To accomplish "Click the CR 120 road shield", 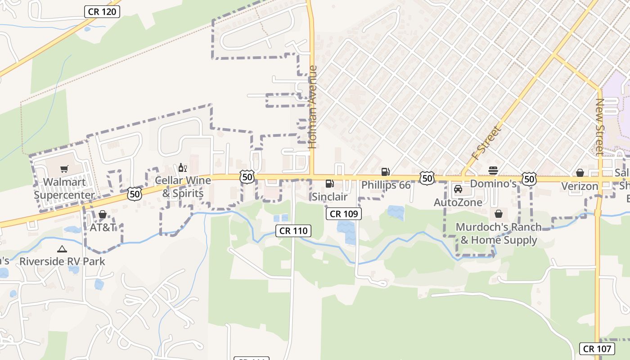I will click(x=102, y=12).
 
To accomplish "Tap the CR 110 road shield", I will click(x=293, y=231).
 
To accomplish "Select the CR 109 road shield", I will click(x=344, y=214).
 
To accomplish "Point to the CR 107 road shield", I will click(x=597, y=348).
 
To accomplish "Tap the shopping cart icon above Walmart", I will click(x=64, y=169).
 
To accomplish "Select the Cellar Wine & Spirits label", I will click(x=183, y=187).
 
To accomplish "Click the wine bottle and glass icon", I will click(x=182, y=168).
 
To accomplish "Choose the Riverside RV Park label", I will click(x=62, y=261).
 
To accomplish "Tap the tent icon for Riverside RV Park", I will click(x=62, y=249).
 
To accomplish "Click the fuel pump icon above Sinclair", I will click(x=329, y=184).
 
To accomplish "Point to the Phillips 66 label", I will click(x=386, y=185).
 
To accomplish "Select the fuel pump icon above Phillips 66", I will click(x=385, y=171).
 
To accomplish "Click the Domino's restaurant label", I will click(x=493, y=184).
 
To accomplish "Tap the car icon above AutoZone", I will click(x=458, y=189).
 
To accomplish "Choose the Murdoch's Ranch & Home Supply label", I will click(x=499, y=233).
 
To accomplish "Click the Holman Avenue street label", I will click(x=313, y=107).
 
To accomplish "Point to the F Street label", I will click(x=486, y=143).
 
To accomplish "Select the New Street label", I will click(x=600, y=127).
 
